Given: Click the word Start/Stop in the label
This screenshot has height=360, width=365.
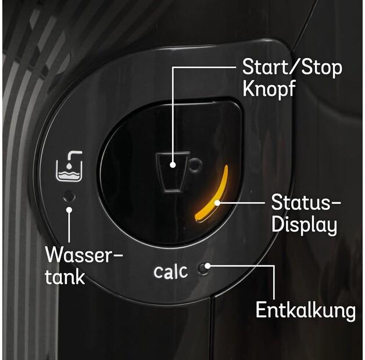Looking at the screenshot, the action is [x=292, y=67].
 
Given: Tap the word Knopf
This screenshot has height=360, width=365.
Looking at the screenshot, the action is [x=269, y=90].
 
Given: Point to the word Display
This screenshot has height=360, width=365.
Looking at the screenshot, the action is [x=304, y=225].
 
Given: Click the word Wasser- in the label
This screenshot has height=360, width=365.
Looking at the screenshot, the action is [x=84, y=255].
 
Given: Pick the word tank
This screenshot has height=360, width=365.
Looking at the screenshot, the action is [x=65, y=276].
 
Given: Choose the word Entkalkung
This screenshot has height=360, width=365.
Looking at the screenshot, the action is [x=305, y=310].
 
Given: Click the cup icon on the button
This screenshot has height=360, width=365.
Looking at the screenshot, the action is [x=173, y=171].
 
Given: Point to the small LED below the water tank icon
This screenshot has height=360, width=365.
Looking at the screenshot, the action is [x=69, y=195].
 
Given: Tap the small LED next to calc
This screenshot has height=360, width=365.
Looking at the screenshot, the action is [x=204, y=268].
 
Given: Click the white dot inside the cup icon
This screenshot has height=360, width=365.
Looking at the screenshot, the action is [x=173, y=165].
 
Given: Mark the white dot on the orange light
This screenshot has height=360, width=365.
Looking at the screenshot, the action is [x=217, y=203].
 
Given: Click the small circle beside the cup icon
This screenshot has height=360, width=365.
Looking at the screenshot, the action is [x=196, y=165].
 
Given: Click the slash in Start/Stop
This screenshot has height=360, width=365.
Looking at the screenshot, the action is [x=292, y=67].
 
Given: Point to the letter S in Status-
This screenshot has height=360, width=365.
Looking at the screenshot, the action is [x=277, y=204].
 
